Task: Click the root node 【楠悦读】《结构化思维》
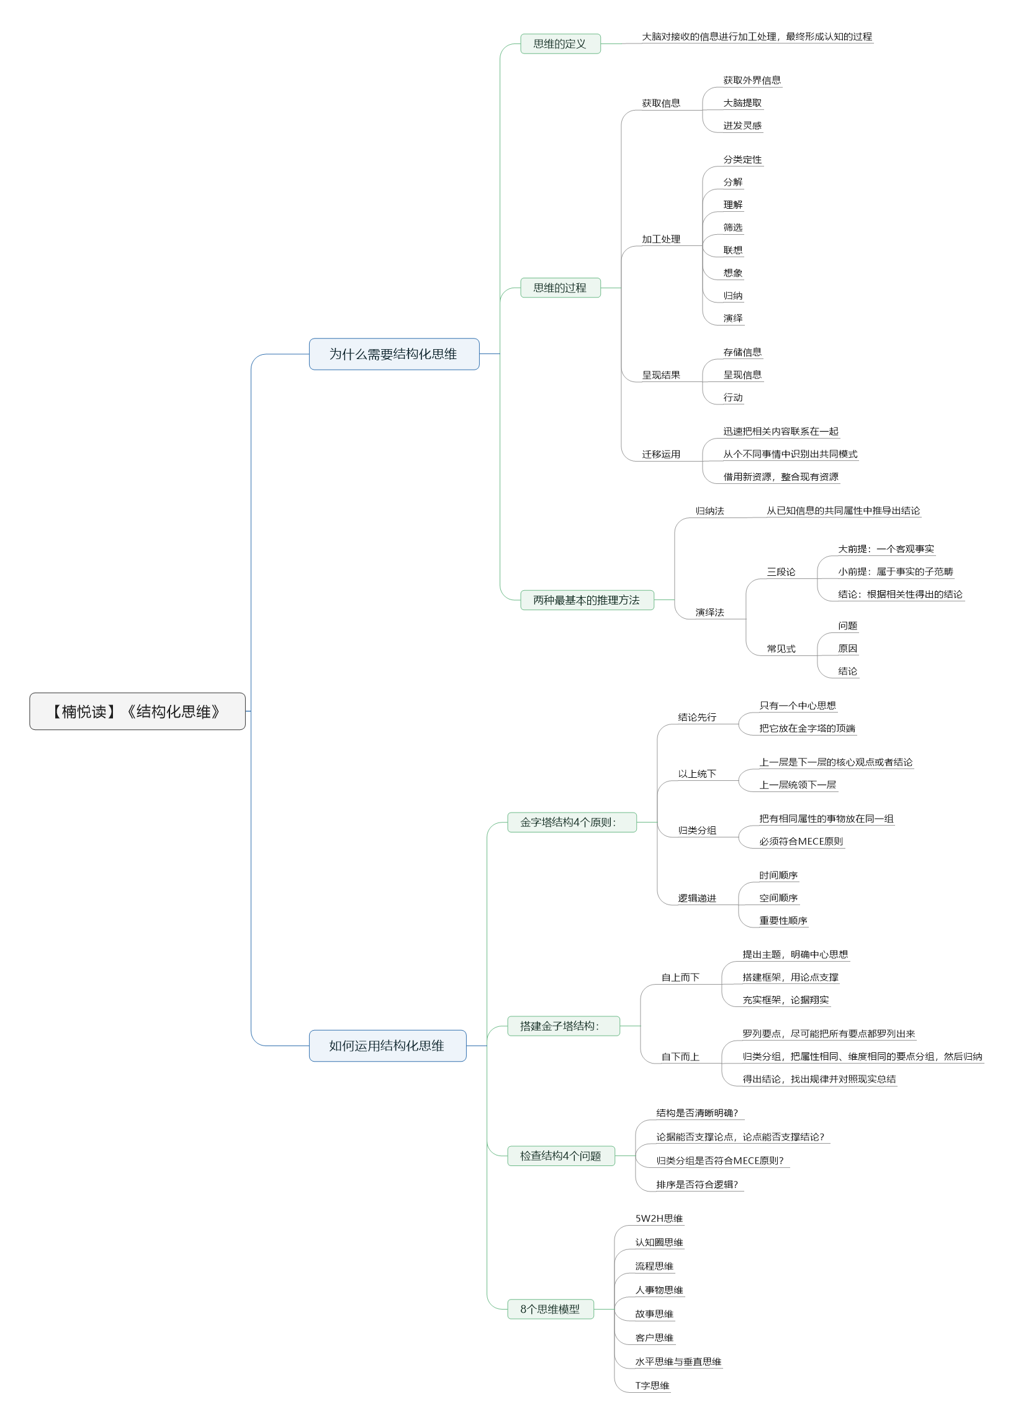pyautogui.click(x=137, y=711)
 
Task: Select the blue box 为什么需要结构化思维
pyautogui.click(x=394, y=354)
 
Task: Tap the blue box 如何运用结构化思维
pyautogui.click(x=387, y=1046)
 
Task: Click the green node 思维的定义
pyautogui.click(x=560, y=43)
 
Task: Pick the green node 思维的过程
pyautogui.click(x=560, y=288)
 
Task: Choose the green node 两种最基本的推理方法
pyautogui.click(x=587, y=600)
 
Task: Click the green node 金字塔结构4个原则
pyautogui.click(x=572, y=822)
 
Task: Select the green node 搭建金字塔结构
pyautogui.click(x=563, y=1026)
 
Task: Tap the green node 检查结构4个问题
pyautogui.click(x=561, y=1155)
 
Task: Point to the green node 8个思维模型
pyautogui.click(x=550, y=1309)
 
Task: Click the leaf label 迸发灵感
pyautogui.click(x=742, y=125)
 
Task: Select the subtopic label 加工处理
pyautogui.click(x=661, y=239)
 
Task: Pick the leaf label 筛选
pyautogui.click(x=733, y=227)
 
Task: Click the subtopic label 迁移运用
pyautogui.click(x=661, y=455)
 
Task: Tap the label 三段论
pyautogui.click(x=781, y=572)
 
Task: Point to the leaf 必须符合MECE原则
pyautogui.click(x=801, y=842)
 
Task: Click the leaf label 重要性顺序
pyautogui.click(x=783, y=921)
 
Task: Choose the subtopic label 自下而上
pyautogui.click(x=680, y=1057)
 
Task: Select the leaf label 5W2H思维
pyautogui.click(x=659, y=1218)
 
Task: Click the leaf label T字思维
pyautogui.click(x=652, y=1386)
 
